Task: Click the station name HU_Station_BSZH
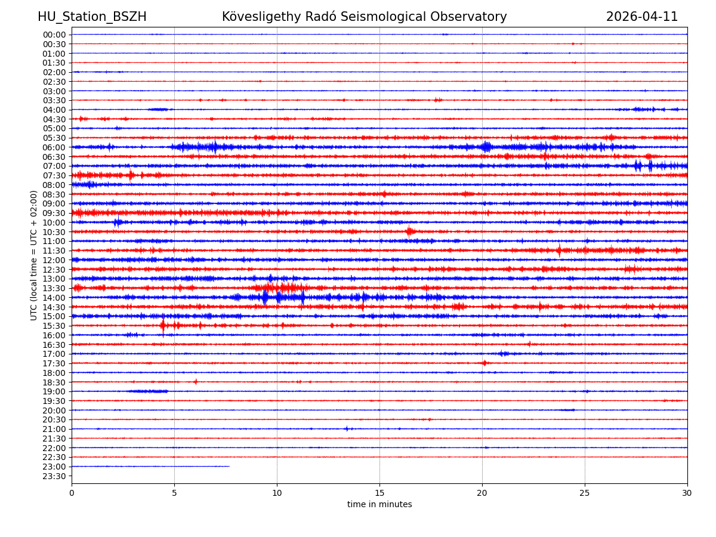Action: point(92,17)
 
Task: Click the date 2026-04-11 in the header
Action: point(642,17)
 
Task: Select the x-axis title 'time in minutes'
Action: point(379,505)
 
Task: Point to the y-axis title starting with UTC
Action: point(34,255)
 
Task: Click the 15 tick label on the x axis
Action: point(379,493)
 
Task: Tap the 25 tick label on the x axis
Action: point(585,493)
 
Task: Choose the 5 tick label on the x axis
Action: point(174,493)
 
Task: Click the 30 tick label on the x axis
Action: point(687,493)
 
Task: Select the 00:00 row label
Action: point(54,35)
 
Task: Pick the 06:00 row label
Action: point(54,147)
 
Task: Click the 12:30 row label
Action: point(54,270)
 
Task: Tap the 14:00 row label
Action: point(54,298)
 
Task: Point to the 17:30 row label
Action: point(54,363)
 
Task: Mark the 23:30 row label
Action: point(54,476)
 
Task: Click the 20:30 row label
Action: point(54,420)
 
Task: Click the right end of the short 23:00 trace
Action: point(229,467)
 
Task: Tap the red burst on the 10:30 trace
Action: point(410,232)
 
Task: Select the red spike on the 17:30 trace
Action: point(484,363)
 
